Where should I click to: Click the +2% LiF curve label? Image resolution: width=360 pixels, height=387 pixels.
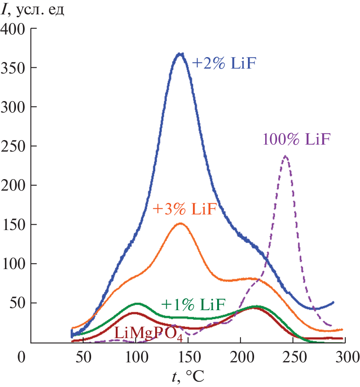coord(227,64)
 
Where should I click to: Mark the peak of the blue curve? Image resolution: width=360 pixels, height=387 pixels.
coord(179,53)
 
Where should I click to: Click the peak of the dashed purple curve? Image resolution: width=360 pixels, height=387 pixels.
coord(285,156)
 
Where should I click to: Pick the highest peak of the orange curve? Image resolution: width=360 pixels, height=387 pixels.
coord(180,223)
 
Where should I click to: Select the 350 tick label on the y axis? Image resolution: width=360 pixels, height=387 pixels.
coord(14,68)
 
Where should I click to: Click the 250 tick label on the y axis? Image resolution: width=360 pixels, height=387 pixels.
coord(14,146)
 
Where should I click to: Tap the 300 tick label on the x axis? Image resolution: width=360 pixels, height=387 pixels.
coord(345,356)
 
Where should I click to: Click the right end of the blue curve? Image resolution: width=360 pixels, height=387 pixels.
coord(333,302)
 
